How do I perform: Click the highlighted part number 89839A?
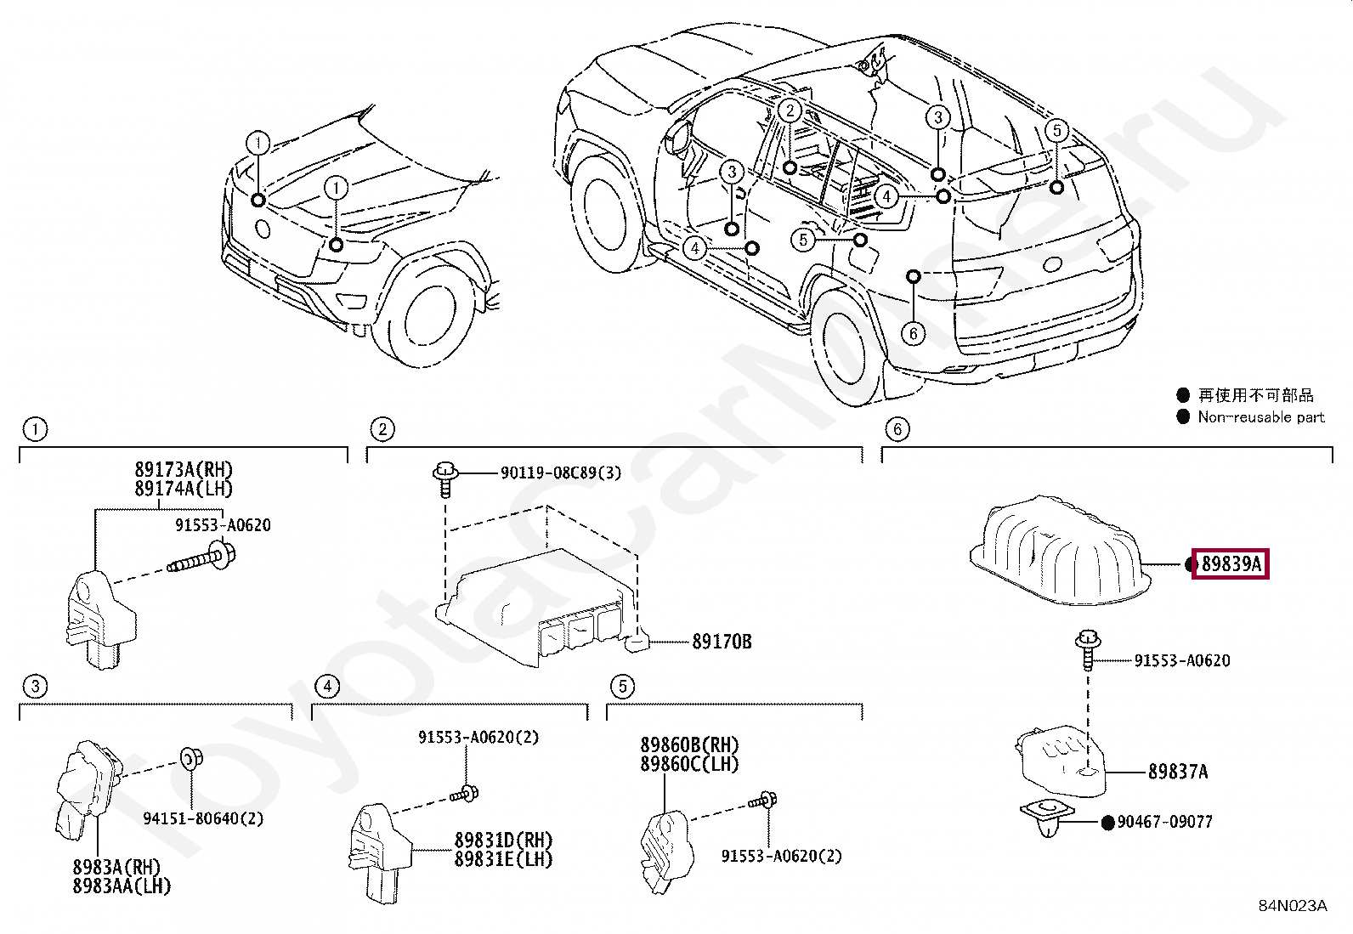[x=1231, y=563]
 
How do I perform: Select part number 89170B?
[x=721, y=642]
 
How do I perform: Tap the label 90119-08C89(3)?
[x=560, y=473]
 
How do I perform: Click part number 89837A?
[x=1177, y=772]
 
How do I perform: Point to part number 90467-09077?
[x=1164, y=822]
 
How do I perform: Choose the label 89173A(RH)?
[x=183, y=469]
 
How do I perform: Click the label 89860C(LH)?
[x=689, y=763]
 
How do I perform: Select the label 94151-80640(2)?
[x=202, y=818]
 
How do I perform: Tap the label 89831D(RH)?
[x=502, y=841]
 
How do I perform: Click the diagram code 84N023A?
[x=1292, y=906]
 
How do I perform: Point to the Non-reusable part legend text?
[x=1260, y=417]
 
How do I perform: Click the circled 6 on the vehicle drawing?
[x=913, y=333]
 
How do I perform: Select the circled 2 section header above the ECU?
[x=382, y=429]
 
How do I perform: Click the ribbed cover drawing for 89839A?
[x=1062, y=552]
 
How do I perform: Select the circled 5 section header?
[x=622, y=686]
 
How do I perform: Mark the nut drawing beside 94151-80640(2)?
[x=189, y=757]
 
